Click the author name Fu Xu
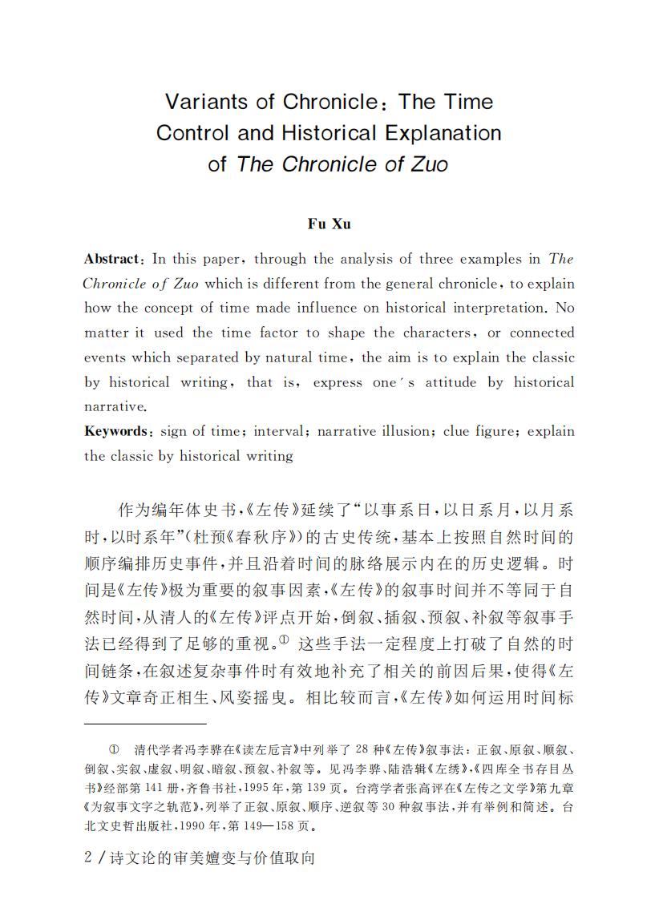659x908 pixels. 329,224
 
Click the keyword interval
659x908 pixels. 280,431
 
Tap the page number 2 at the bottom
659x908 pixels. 88,858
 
